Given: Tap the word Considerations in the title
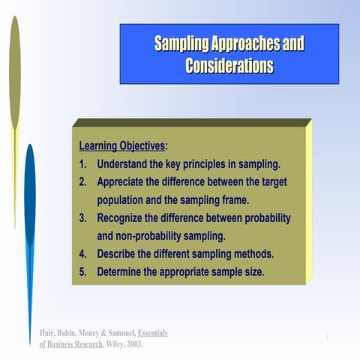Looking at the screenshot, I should pos(229,66).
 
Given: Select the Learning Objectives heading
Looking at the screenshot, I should pos(122,145).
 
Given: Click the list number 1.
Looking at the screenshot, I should pos(83,163).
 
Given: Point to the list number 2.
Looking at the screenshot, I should pos(83,181).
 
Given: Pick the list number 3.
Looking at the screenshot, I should pos(83,218).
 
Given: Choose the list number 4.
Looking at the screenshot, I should pos(83,253).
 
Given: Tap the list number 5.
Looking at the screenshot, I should pos(83,271).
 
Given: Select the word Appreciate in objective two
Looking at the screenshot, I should pos(125,181).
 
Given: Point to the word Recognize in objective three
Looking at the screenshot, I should pos(125,218).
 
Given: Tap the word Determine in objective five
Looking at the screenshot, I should pos(124,271).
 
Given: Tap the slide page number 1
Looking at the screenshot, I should pos(328,337).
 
